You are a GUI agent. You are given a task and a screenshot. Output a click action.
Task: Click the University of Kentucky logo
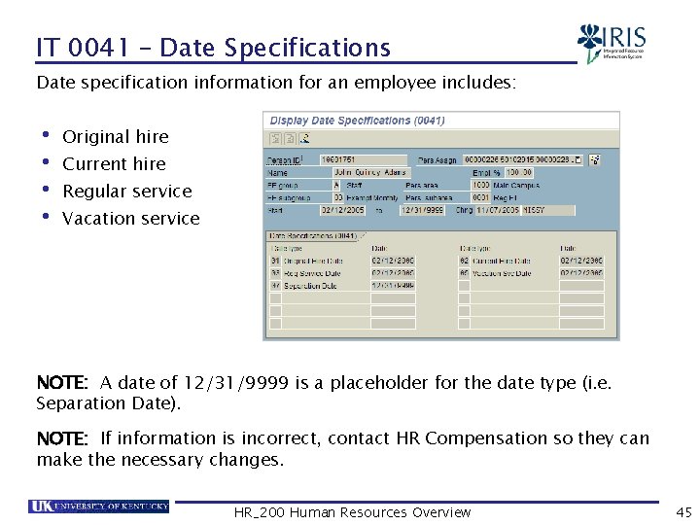coord(99,506)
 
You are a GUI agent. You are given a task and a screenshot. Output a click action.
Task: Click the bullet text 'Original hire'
coord(115,137)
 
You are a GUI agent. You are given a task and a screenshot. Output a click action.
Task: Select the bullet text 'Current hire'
coord(114,164)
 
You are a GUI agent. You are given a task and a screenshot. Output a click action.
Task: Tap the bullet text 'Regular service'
coord(126,192)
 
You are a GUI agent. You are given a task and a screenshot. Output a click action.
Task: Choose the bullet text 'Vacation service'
coord(130,219)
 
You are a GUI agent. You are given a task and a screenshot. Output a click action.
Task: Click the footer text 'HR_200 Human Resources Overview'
coord(352,512)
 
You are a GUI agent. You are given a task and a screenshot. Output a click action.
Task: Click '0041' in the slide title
coord(100,48)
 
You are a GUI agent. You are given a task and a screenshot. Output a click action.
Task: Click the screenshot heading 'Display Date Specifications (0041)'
coord(357,121)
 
